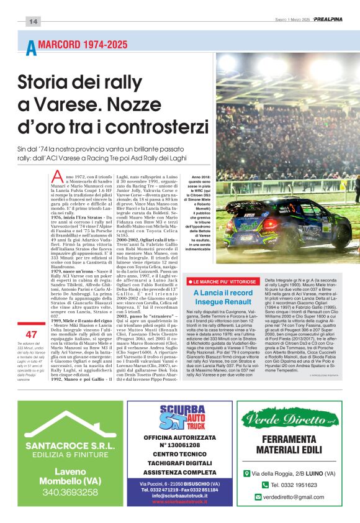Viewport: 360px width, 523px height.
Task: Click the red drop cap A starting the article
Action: (58, 177)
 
